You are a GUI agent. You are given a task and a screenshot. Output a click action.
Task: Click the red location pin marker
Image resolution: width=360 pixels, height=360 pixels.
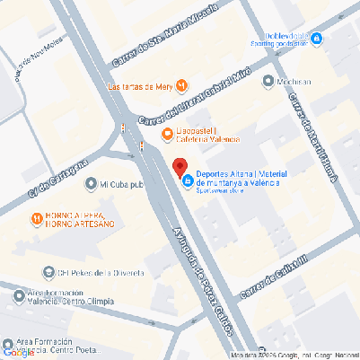point(180,167)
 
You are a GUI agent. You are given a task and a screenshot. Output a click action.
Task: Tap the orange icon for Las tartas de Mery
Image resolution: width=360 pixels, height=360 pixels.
point(182,86)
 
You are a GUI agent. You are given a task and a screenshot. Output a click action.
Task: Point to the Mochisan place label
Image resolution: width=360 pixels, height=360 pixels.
point(296,82)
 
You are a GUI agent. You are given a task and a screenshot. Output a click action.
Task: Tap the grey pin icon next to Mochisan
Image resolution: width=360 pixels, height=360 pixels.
point(268,82)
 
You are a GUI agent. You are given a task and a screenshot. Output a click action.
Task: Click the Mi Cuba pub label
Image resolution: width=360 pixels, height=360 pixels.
point(122,184)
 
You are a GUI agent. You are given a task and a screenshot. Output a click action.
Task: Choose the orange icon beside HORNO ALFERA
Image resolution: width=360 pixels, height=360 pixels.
point(34,217)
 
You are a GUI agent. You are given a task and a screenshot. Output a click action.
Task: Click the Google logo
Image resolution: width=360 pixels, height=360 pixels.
point(17,352)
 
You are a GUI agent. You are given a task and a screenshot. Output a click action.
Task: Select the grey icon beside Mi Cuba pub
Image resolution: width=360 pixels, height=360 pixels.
point(90,184)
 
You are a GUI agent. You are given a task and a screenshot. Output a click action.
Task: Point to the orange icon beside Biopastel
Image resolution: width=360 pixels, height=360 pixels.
point(166,135)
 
